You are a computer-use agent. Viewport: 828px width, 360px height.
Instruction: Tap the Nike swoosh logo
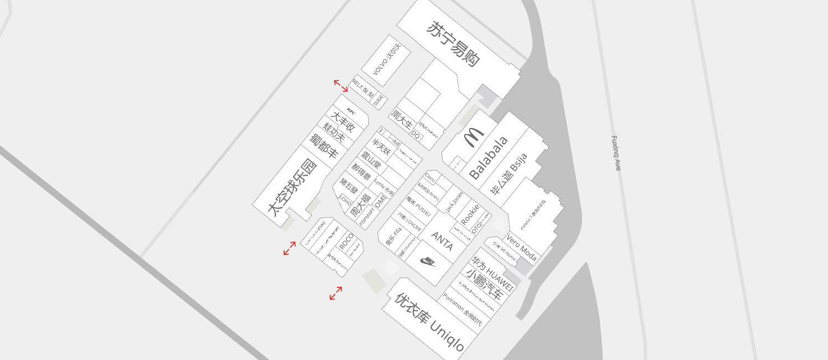pyautogui.click(x=428, y=261)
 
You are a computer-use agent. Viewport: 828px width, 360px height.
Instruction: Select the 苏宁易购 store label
pyautogui.click(x=452, y=44)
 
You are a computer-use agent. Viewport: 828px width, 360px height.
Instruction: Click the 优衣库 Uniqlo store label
pyautogui.click(x=429, y=322)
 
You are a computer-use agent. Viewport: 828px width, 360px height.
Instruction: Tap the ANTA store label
pyautogui.click(x=442, y=241)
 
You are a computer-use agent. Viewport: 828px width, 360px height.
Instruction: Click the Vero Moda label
pyautogui.click(x=521, y=248)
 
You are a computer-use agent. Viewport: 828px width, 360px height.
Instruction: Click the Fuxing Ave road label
pyautogui.click(x=615, y=153)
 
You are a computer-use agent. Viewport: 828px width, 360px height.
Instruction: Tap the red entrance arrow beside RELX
pyautogui.click(x=341, y=86)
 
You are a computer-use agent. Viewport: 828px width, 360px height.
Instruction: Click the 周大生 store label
pyautogui.click(x=402, y=119)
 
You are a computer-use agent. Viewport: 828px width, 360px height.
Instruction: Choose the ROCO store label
pyautogui.click(x=346, y=242)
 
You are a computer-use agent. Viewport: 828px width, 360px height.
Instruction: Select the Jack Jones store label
pyautogui.click(x=454, y=202)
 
